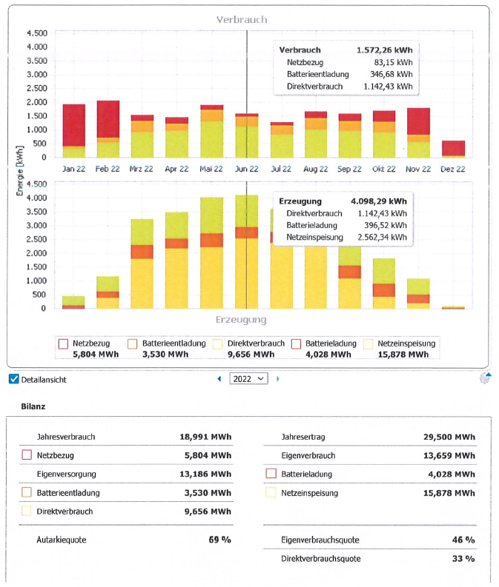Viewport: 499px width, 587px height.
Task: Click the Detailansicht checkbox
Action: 13,379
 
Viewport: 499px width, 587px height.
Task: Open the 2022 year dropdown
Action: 248,378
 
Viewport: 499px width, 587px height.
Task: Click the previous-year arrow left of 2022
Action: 219,379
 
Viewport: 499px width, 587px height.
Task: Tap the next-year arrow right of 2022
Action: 278,379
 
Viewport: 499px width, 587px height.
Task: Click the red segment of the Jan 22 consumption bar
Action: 74,124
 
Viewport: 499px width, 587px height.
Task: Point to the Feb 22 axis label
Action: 108,169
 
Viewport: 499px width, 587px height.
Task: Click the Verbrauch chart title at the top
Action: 241,19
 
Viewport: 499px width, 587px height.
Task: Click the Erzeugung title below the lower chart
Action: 241,320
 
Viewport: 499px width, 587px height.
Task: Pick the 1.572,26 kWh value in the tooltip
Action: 383,50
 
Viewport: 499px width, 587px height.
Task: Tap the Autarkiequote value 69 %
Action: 219,540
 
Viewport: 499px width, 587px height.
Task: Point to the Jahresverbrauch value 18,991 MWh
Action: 205,437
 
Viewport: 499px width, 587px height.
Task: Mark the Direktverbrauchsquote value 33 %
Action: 464,558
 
